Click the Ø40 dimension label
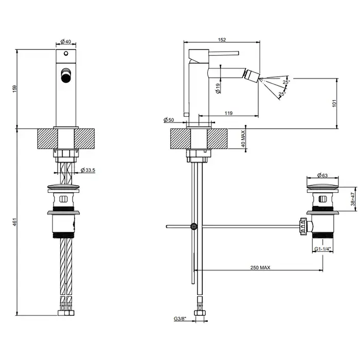(x=65, y=42)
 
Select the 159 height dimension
(x=14, y=89)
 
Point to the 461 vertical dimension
(x=14, y=222)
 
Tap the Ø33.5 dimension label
(x=89, y=171)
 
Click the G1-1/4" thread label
(x=322, y=249)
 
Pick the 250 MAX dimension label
(x=261, y=267)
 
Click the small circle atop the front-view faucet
(x=66, y=53)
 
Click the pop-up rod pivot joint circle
(x=194, y=226)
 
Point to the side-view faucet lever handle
(x=213, y=52)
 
